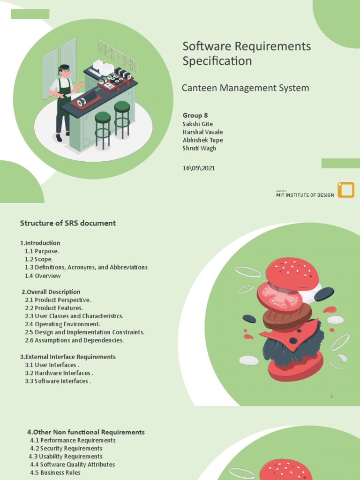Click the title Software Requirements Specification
point(247,53)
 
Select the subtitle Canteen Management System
point(246,88)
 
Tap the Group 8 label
point(195,115)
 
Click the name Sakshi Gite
point(197,124)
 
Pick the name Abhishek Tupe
point(202,140)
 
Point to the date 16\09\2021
point(199,168)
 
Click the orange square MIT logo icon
point(346,190)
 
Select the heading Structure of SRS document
point(67,223)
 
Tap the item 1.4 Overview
point(43,276)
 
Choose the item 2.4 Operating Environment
point(62,324)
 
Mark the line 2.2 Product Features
point(54,308)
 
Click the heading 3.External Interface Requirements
point(68,357)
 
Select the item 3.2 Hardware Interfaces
point(59,373)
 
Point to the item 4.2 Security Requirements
point(66,449)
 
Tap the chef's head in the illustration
point(65,72)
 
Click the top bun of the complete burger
point(292,272)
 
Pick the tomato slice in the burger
point(279,295)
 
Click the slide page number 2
point(331,397)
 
